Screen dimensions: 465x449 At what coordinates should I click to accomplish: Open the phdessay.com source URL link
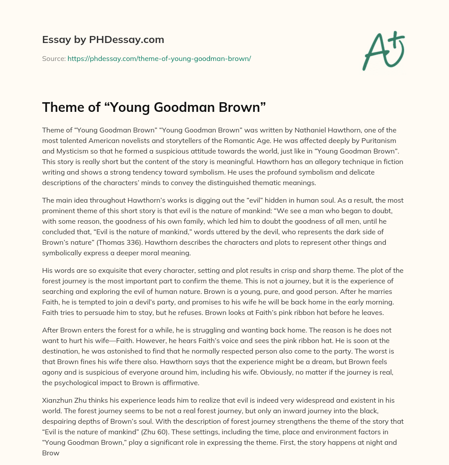click(x=159, y=58)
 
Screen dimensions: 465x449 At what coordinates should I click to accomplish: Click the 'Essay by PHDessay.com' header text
click(x=103, y=40)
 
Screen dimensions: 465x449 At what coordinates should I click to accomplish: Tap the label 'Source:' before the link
click(x=53, y=58)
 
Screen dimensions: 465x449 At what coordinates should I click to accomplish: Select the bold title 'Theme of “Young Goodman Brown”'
click(x=154, y=108)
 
